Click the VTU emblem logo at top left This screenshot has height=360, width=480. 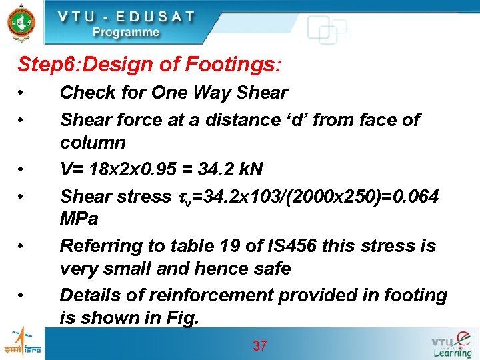coord(21,22)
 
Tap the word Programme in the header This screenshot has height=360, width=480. coord(126,32)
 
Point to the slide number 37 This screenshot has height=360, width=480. coord(259,345)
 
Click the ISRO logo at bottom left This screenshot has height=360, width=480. coord(21,343)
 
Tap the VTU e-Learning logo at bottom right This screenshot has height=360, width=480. coord(451,343)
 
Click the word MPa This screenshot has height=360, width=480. coord(79,219)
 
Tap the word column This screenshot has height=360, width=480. coord(93,143)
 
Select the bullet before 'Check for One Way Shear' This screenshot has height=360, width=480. coord(22,93)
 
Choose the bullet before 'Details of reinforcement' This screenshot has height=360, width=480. coord(22,295)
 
